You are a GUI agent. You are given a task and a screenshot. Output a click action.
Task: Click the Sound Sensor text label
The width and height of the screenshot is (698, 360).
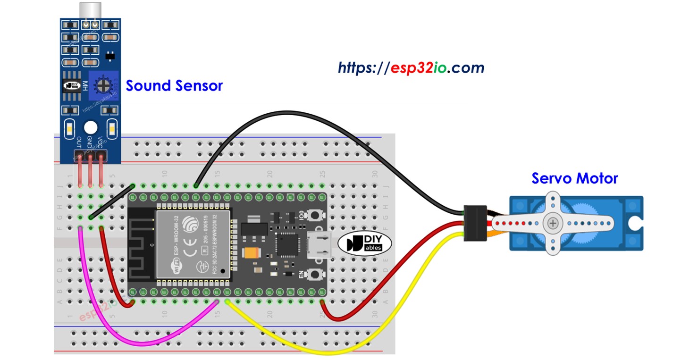(174, 86)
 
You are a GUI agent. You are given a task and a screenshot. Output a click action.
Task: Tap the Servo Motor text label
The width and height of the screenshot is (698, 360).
(574, 178)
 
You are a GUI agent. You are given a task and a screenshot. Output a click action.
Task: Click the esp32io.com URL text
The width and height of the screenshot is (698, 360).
(411, 68)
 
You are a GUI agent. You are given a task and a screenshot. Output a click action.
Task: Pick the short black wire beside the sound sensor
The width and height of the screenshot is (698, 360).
(111, 201)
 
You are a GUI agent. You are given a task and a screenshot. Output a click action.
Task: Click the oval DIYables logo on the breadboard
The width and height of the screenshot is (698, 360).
(364, 243)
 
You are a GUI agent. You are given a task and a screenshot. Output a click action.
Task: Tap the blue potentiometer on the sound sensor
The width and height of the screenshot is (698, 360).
(101, 86)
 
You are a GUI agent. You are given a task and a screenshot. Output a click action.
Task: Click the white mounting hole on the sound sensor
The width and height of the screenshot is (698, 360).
(90, 127)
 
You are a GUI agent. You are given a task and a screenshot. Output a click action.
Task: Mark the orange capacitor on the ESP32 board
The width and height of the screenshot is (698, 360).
(250, 252)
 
